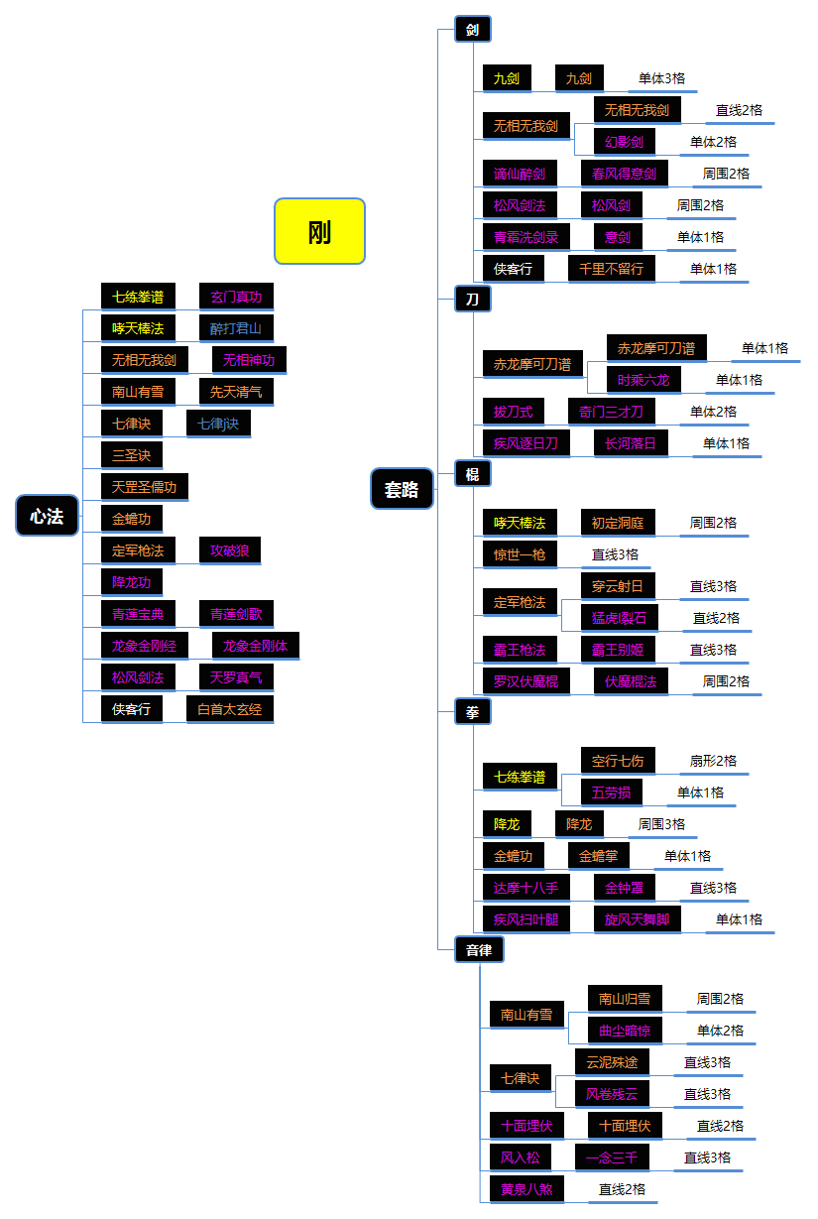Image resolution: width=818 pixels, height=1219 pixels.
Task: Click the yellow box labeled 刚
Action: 319,231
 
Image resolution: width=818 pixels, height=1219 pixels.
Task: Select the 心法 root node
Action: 47,516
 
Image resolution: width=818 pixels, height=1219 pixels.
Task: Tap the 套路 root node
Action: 402,489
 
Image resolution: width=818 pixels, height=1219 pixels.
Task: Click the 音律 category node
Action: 479,949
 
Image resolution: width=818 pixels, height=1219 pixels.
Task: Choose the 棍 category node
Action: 473,473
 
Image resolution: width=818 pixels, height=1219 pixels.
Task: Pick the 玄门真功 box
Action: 236,297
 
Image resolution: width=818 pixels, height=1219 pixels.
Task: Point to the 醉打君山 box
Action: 236,328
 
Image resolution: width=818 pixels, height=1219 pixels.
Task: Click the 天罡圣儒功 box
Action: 145,487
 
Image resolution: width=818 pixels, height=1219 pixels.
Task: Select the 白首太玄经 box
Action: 230,709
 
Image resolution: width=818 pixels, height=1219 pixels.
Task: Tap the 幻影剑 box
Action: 625,142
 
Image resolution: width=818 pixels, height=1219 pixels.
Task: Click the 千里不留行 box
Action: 612,269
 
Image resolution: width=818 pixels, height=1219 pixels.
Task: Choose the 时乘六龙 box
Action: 644,380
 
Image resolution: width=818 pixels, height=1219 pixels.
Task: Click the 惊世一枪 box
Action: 520,554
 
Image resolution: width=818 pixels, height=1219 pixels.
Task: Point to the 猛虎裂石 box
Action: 619,618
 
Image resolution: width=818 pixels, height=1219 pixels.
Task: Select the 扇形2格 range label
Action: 714,761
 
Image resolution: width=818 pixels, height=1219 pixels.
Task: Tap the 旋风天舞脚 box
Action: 638,919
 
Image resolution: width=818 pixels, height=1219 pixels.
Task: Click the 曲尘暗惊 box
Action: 625,1031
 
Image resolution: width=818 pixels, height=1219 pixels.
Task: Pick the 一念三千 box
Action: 612,1158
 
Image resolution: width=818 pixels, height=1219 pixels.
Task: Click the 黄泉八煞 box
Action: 526,1189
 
